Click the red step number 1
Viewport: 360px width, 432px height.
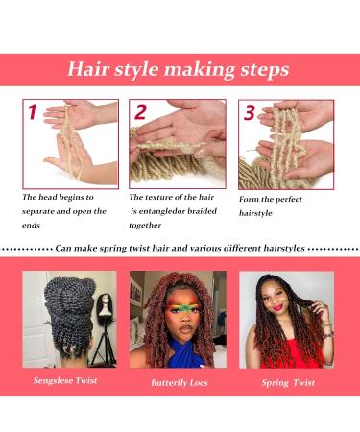(x=33, y=111)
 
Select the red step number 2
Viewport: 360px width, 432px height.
(x=140, y=111)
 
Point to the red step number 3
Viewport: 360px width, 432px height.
(x=250, y=112)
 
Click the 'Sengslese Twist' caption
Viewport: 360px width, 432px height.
(x=65, y=380)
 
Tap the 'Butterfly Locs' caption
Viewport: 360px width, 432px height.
(x=180, y=383)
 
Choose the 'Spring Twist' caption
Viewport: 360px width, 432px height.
(x=288, y=383)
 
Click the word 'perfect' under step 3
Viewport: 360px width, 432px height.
(x=289, y=200)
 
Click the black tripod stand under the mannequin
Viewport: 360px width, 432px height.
(x=104, y=345)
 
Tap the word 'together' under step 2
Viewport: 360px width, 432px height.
(x=145, y=226)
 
